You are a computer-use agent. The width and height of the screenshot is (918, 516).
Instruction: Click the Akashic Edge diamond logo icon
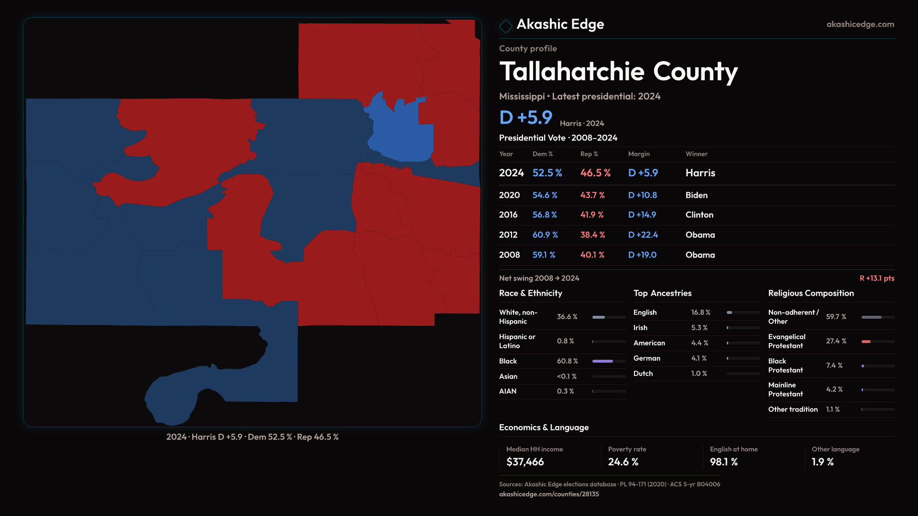point(505,25)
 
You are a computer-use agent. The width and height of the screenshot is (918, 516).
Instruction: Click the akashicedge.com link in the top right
point(860,24)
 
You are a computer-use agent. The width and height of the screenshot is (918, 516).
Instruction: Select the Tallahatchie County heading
point(618,72)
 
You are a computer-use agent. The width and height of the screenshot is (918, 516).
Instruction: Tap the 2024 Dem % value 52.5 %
point(547,173)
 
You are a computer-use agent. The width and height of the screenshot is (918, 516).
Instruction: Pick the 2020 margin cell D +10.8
point(642,195)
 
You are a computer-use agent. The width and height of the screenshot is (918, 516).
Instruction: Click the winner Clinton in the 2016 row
point(699,215)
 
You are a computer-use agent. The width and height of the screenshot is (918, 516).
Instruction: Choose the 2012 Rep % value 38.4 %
point(592,235)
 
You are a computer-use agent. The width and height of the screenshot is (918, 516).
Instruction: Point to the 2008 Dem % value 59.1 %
point(544,255)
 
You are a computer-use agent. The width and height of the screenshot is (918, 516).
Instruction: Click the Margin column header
point(638,154)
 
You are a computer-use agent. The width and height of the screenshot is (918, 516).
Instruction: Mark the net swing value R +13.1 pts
point(876,278)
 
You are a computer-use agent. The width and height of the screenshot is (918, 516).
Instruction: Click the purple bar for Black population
point(602,361)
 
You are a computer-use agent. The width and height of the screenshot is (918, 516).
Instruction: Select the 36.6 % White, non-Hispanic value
point(567,317)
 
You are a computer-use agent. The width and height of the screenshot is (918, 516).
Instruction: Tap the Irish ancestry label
point(640,328)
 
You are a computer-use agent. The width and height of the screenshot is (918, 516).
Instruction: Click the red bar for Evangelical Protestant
point(866,342)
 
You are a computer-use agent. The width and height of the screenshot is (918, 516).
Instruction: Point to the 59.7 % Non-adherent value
point(836,317)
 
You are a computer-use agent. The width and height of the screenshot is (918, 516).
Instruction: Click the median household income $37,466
point(525,462)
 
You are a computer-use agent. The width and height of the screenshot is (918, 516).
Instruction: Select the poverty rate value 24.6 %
point(623,462)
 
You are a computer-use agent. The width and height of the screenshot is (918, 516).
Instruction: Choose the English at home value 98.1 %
point(723,462)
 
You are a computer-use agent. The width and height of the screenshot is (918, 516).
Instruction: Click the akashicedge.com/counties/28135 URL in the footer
point(548,494)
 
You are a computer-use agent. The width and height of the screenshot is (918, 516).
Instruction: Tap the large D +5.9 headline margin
point(525,118)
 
